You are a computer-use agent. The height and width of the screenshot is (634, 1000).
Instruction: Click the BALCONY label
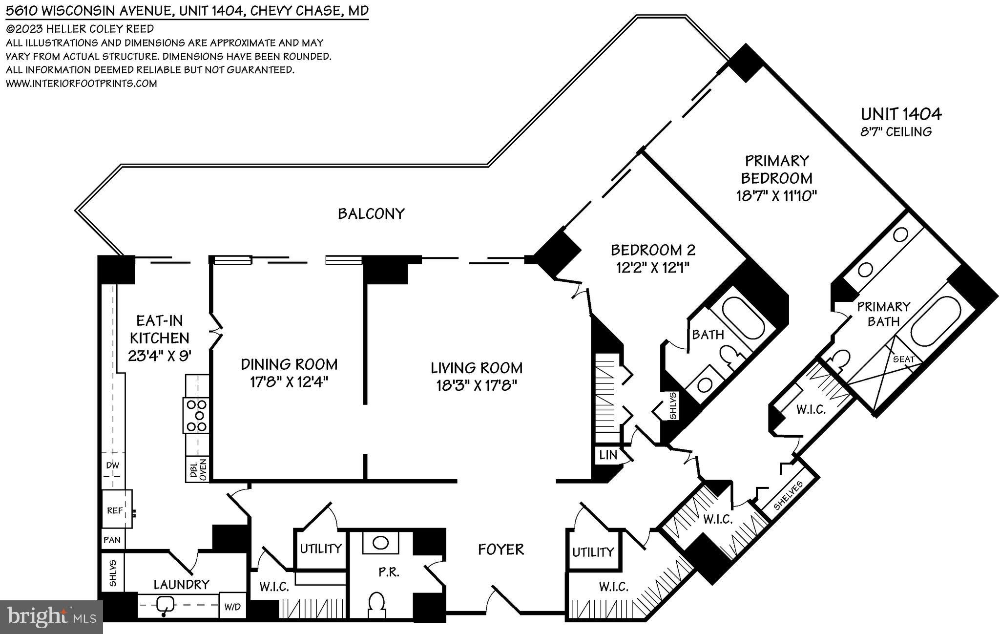coord(371,214)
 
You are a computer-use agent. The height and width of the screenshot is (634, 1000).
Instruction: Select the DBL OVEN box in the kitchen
coord(197,470)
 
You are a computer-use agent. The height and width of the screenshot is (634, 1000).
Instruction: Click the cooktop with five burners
coord(196,415)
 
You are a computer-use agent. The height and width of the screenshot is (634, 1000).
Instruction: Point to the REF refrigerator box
coord(116,510)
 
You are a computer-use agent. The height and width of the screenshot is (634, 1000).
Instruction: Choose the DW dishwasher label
coord(113,465)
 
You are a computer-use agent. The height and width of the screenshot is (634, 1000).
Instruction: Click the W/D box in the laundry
coord(232,607)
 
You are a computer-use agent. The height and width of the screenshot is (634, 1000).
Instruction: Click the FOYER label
coord(500,549)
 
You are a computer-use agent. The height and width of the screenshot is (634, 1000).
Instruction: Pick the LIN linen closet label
coord(607,455)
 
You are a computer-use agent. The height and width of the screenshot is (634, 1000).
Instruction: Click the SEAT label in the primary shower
coord(903,359)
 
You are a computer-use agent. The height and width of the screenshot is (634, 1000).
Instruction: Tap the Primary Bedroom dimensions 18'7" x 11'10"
coord(776,196)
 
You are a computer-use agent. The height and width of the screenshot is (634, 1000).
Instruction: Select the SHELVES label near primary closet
coord(788,495)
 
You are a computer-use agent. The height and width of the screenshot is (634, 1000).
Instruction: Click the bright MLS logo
coord(52,617)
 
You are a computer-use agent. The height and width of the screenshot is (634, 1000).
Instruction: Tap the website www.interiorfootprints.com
coord(81,84)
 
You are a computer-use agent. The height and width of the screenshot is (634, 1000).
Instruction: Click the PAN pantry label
coord(112,540)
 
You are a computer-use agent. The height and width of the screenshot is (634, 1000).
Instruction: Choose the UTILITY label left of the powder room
coord(320,549)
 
